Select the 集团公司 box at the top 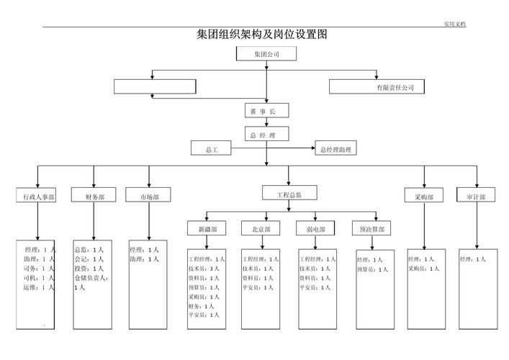click(x=266, y=54)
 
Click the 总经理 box click(x=266, y=135)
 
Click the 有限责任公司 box click(x=377, y=86)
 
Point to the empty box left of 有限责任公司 click(x=155, y=86)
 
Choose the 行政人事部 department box click(x=38, y=196)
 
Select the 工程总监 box click(x=289, y=194)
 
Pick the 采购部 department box click(x=424, y=196)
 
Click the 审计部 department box click(x=475, y=196)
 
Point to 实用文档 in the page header click(x=454, y=24)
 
